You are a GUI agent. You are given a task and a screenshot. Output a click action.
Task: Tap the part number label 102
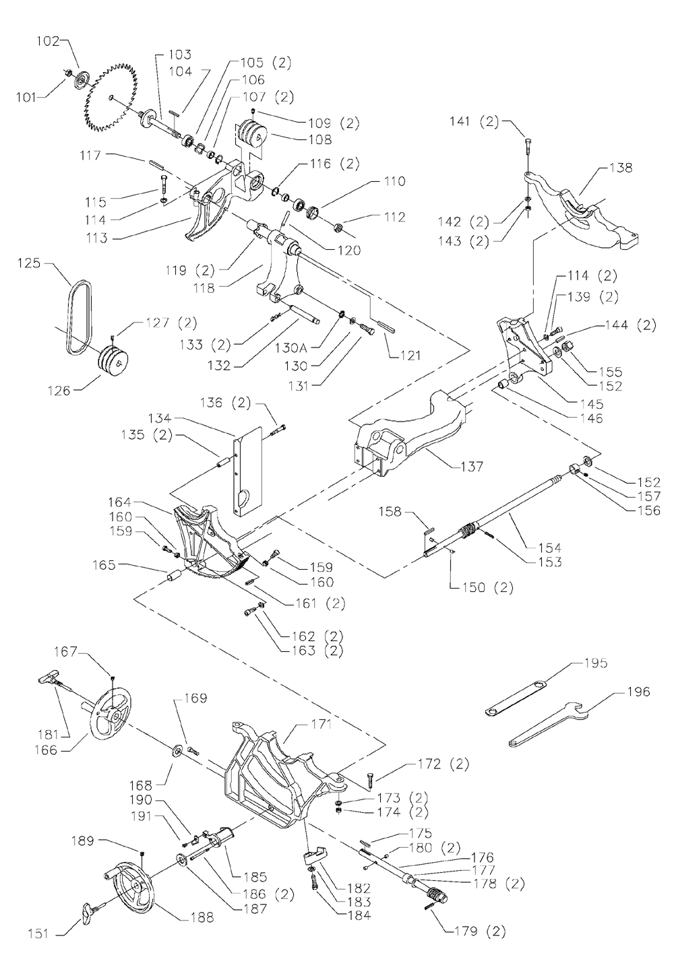point(48,41)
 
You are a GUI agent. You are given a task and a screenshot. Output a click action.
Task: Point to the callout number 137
point(471,466)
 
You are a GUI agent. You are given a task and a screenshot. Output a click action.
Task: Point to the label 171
point(321,724)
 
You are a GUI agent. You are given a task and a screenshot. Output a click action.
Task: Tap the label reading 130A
point(296,348)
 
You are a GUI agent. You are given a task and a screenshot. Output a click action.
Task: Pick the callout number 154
point(550,548)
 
